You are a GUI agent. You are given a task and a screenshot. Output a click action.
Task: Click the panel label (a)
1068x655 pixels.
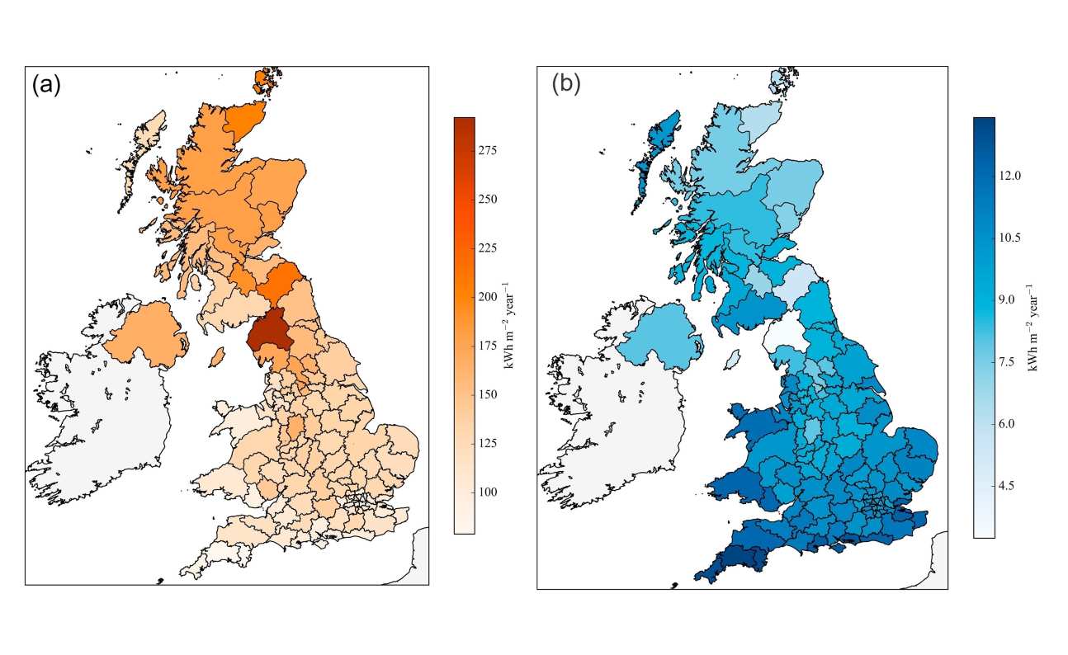point(46,85)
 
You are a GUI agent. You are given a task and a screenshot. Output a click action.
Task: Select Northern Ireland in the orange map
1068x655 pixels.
point(144,334)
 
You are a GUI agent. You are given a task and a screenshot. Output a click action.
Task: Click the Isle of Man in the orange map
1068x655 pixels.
point(218,356)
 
